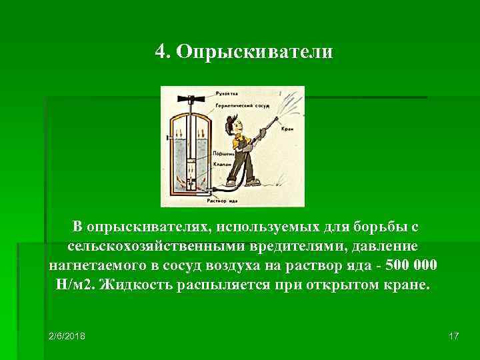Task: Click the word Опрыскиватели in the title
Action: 254,52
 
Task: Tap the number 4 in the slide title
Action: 160,52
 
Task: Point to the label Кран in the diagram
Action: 287,129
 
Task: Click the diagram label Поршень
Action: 223,153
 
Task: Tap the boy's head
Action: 233,125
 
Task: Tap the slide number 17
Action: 454,335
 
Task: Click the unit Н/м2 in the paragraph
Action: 71,285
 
